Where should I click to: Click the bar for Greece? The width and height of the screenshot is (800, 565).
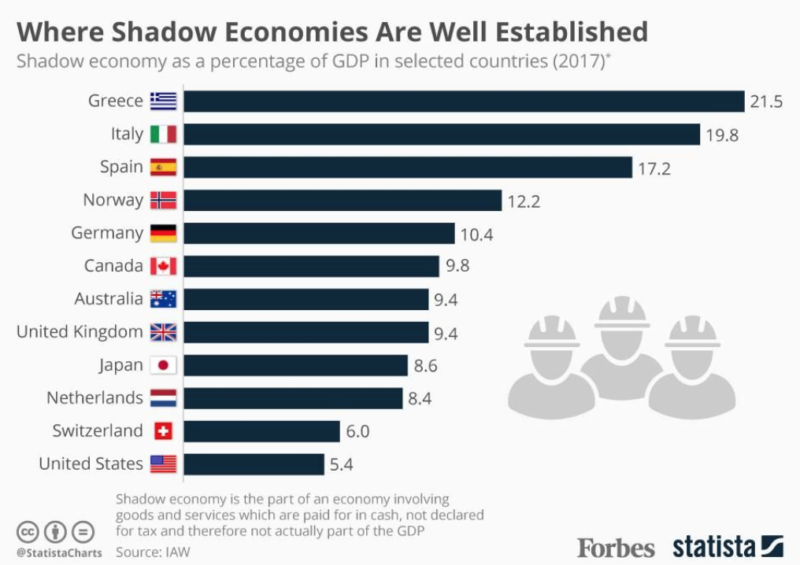[x=464, y=102]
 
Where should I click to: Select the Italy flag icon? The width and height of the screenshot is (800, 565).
[x=163, y=135]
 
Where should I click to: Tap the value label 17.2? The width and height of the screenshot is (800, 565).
[x=654, y=168]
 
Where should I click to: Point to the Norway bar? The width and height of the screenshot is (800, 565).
[x=343, y=201]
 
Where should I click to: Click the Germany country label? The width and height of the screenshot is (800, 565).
[x=107, y=234]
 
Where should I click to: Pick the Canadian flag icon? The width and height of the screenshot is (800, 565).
[x=163, y=266]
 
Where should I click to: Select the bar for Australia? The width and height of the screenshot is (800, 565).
[x=306, y=299]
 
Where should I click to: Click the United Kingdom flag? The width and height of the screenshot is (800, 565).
[x=163, y=332]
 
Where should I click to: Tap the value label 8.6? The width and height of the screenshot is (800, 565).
[x=425, y=366]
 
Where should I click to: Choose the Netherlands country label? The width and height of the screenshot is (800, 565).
[x=94, y=398]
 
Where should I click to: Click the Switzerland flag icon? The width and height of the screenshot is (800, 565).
[x=163, y=431]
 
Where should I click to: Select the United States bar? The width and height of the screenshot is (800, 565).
[x=254, y=464]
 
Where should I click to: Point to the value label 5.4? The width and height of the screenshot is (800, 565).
[x=341, y=465]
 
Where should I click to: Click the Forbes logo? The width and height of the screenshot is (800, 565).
[x=616, y=548]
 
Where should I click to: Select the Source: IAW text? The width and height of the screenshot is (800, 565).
[x=153, y=552]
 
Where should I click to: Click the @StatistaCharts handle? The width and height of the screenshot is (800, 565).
[x=59, y=552]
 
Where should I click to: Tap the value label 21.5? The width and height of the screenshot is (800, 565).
[x=766, y=102]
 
